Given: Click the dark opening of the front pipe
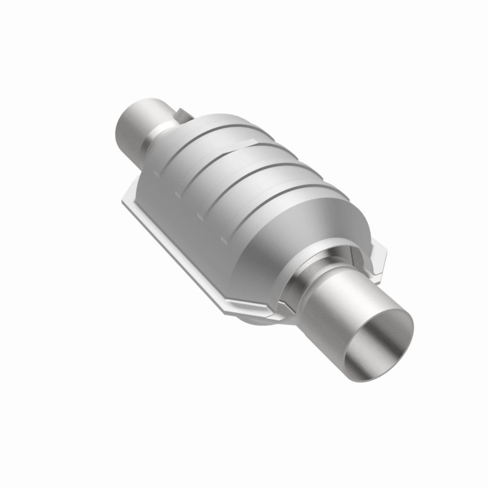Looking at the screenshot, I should pyautogui.click(x=378, y=345).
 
